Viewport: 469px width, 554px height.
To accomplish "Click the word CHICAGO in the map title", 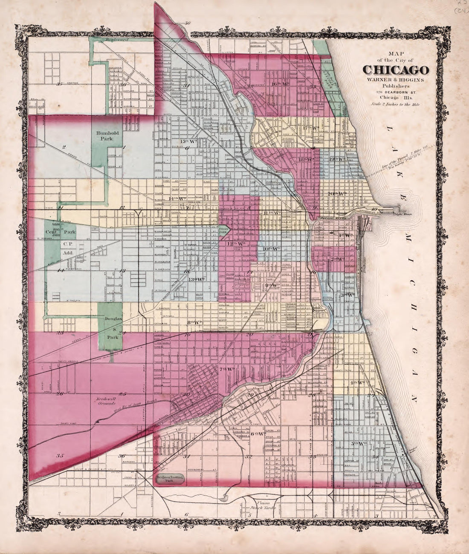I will (396, 70).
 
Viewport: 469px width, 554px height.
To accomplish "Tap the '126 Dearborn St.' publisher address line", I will (395, 92).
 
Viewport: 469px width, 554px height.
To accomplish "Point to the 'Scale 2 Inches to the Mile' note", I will (395, 104).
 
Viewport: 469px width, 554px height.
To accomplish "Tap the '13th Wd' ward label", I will (197, 280).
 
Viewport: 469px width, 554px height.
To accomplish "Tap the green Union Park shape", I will (224, 231).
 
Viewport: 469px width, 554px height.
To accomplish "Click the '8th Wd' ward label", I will (194, 322).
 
